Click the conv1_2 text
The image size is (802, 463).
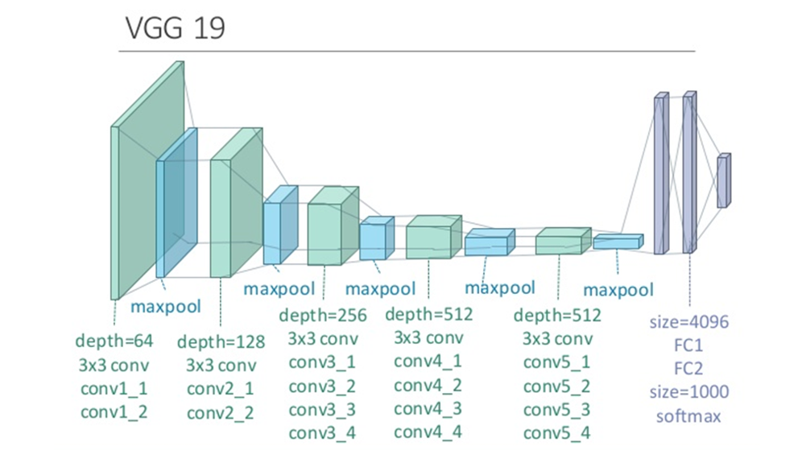coord(114,412)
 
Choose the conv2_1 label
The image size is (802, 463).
coord(220,389)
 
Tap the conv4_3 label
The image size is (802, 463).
coord(428,408)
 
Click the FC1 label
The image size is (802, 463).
coord(688,345)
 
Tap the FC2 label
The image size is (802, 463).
coord(688,369)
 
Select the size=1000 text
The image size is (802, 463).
coord(688,392)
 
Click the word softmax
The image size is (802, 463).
coord(688,416)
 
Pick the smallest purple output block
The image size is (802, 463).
coord(723,181)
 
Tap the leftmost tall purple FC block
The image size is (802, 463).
coord(660,173)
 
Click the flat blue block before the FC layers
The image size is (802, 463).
coord(618,241)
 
